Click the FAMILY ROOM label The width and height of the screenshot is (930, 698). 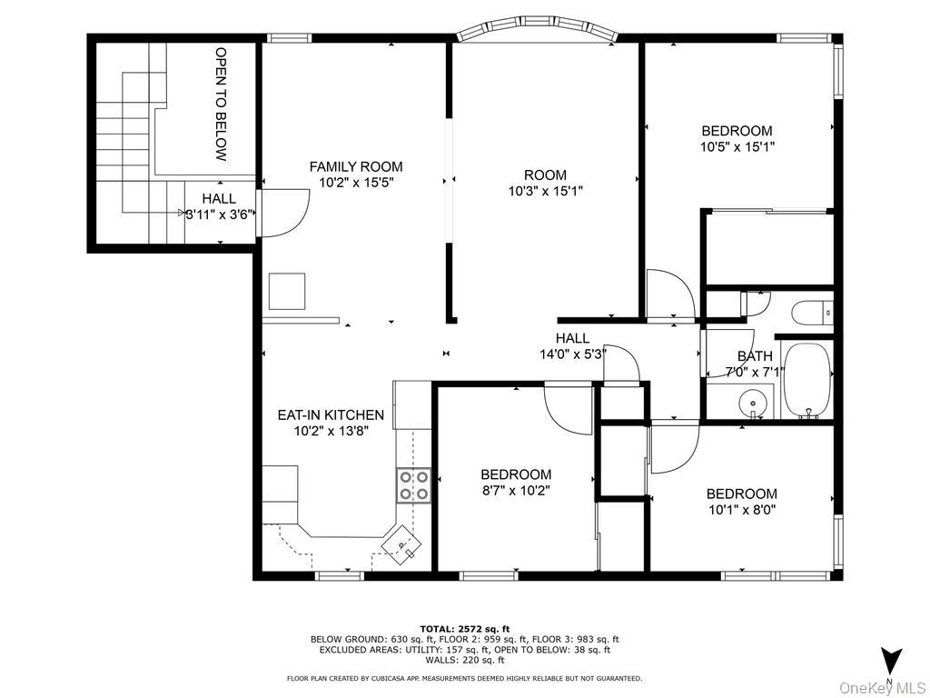[355, 166]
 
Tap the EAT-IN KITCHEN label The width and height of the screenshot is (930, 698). [330, 415]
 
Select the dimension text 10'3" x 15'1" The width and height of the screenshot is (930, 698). [545, 191]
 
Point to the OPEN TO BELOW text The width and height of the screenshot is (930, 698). [221, 104]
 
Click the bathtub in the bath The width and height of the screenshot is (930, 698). [806, 381]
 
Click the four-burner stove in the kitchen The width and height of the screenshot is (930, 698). [413, 485]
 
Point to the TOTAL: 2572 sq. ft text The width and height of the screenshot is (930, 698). [464, 628]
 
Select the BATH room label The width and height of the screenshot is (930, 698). [755, 356]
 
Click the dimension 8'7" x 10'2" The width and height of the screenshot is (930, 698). [515, 490]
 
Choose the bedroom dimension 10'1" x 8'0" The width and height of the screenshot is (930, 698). [741, 510]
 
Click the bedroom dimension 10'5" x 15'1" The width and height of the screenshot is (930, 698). [737, 145]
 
